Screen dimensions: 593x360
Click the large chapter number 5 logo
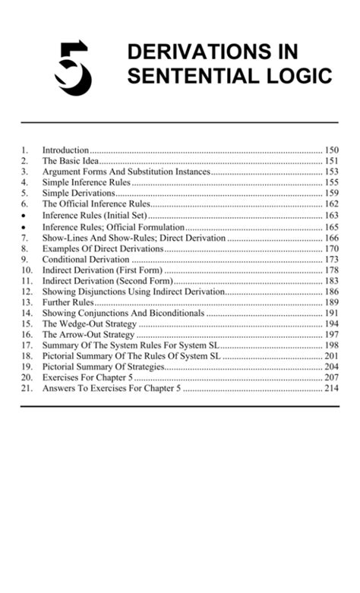(73, 68)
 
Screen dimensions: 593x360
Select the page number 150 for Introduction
(331, 150)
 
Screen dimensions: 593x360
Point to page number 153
(331, 172)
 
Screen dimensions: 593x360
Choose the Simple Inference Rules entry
(87, 183)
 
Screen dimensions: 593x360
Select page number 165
(331, 226)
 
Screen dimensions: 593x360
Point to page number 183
(331, 281)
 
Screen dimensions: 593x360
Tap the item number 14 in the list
(27, 313)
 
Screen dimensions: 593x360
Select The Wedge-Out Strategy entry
(89, 324)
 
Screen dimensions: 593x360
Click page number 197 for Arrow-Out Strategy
(331, 335)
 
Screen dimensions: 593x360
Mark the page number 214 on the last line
(331, 389)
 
